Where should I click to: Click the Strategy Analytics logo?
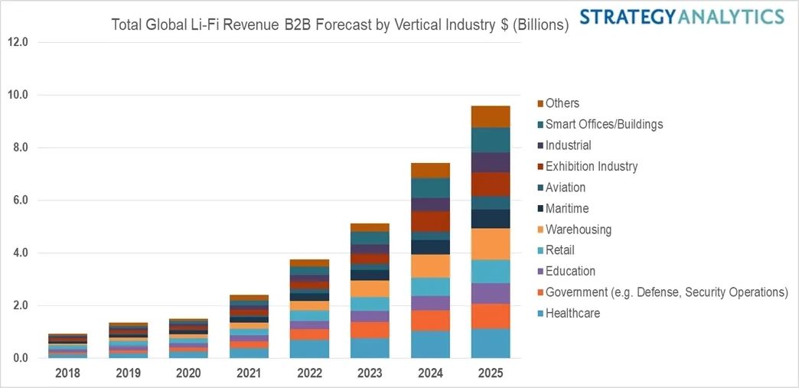coord(681,16)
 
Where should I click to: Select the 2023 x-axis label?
coord(370,373)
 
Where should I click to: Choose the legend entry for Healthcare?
coord(572,313)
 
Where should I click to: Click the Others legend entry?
coord(563,103)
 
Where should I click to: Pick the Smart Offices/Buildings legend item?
coord(604,124)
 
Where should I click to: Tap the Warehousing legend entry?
coord(578,230)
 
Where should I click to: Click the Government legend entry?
coord(666,292)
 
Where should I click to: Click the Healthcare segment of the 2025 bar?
coord(491,344)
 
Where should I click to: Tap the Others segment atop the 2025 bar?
coord(491,116)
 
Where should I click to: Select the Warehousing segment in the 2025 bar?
coord(491,244)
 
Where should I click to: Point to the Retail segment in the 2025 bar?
coord(491,271)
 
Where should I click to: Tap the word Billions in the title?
coord(539,25)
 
